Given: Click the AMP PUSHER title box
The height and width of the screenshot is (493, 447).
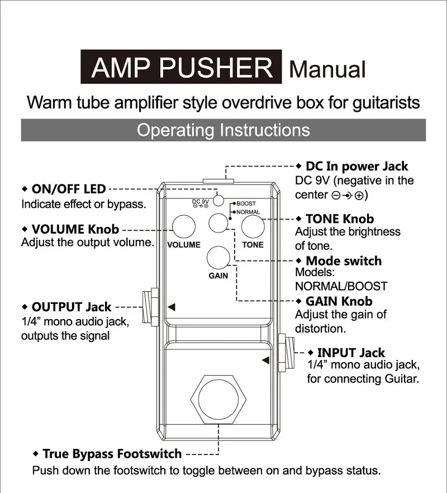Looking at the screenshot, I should [182, 68].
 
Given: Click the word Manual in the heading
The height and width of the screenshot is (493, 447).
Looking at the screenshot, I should [327, 69].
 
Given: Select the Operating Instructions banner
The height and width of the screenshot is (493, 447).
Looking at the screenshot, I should [223, 130].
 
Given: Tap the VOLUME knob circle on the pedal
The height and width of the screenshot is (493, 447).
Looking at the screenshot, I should [183, 227].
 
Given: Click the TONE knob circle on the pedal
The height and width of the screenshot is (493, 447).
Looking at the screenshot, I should [253, 227].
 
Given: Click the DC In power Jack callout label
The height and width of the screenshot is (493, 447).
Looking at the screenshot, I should [356, 166].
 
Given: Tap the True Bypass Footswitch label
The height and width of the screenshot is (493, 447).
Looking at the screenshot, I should [112, 453].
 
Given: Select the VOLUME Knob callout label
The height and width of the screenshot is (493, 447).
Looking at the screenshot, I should [75, 229].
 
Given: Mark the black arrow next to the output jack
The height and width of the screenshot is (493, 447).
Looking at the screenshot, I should [172, 306].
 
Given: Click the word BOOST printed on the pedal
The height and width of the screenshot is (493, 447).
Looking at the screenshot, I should [246, 204].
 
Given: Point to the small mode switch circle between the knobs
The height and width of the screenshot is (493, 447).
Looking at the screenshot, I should [218, 224].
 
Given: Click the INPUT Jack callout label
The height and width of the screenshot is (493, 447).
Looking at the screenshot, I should [350, 353].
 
